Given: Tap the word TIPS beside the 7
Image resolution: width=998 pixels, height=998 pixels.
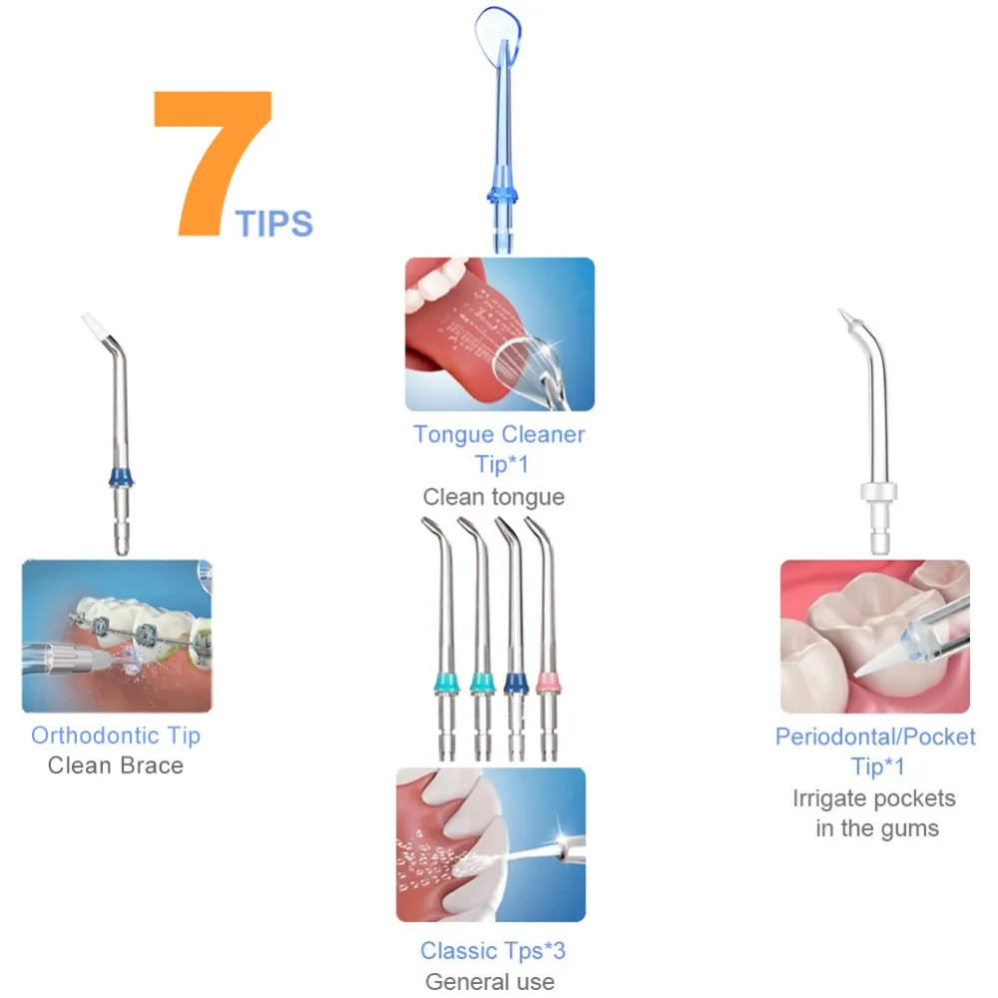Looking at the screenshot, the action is point(274,224).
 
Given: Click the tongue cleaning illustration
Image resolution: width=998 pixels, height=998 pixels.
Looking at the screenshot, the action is point(500,334).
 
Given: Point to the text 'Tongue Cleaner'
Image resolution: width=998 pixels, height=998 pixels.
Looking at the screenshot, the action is point(499,435).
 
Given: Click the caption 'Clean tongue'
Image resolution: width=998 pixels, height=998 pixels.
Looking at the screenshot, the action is point(494,497).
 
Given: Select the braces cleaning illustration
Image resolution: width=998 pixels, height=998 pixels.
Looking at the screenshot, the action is point(117,636).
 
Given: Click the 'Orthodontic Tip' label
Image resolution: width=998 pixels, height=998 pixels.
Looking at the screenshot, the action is point(116,736).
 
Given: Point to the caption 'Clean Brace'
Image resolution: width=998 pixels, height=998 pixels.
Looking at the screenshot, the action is point(116,765).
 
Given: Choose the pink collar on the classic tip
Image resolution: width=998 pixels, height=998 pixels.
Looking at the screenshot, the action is point(548,683).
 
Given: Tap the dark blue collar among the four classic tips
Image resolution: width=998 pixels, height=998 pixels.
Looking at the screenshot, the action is point(516,683).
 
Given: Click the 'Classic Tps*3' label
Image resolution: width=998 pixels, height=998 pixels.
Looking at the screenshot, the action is point(493,951).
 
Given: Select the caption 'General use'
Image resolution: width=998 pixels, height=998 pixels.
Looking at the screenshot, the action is point(490,981).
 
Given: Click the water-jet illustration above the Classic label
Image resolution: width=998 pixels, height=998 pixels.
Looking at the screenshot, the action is point(491,844).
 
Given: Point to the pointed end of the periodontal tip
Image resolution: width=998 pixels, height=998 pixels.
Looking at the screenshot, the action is point(842,311).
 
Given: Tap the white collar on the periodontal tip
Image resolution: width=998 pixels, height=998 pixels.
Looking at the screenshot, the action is point(879,492).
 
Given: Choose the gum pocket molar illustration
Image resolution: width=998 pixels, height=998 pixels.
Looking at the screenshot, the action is point(875,637).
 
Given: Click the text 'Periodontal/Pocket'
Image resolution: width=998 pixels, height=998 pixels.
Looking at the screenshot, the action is point(875,738).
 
